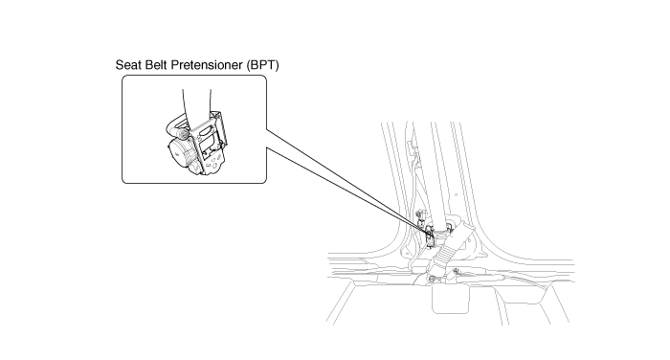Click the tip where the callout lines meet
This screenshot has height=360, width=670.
[x=434, y=236]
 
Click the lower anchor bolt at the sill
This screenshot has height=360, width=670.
[x=432, y=279]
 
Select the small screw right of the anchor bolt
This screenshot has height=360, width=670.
[x=457, y=271]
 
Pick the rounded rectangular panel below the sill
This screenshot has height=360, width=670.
[x=451, y=300]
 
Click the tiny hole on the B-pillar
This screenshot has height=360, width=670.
[x=456, y=195]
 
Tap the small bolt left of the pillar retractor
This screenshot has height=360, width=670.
[x=419, y=214]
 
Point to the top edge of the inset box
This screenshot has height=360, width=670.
[x=194, y=76]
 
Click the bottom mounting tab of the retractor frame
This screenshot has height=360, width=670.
[x=212, y=165]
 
